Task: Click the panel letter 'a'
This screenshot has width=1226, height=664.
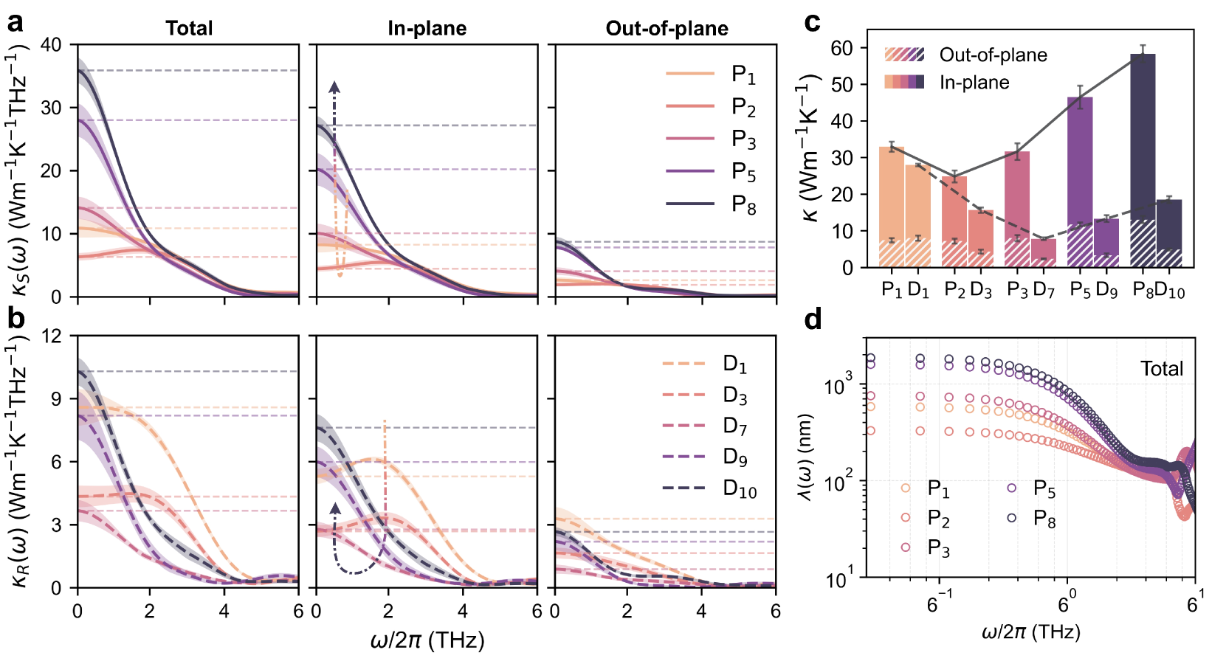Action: (15, 23)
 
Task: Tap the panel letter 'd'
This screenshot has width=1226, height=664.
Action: (813, 319)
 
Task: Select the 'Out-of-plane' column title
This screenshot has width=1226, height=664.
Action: (667, 29)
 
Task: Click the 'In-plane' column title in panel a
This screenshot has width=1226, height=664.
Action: (427, 29)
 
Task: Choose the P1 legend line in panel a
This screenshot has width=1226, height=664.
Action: (690, 74)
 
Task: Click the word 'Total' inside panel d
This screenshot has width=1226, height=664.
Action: (1161, 368)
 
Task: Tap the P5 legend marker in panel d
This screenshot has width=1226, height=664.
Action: (1012, 488)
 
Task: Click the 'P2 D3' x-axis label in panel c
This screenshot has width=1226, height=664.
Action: (968, 290)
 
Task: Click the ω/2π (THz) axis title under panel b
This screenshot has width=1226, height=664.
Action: (427, 640)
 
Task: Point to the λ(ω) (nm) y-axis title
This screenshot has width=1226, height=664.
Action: (806, 457)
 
